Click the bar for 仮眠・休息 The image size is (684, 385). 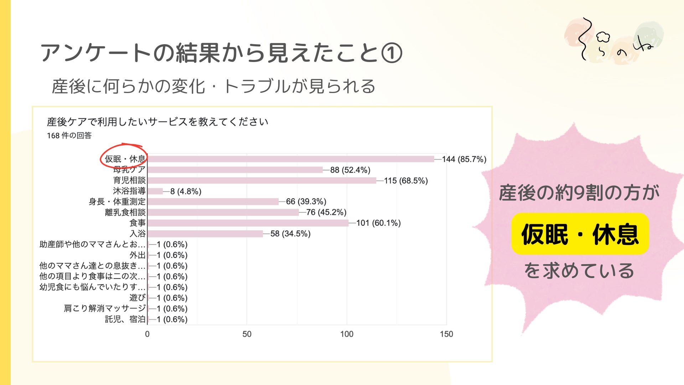pyautogui.click(x=290, y=159)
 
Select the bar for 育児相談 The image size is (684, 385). pyautogui.click(x=262, y=180)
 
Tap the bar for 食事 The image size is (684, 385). pyautogui.click(x=248, y=223)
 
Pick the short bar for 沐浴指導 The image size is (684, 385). pyautogui.click(x=155, y=191)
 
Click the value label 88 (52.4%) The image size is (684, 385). pyautogui.click(x=350, y=170)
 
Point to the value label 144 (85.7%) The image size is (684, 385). pyautogui.click(x=464, y=159)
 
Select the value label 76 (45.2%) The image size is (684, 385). pyautogui.click(x=326, y=212)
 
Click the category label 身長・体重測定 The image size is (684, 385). pyautogui.click(x=117, y=202)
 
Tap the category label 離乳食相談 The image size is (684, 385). pyautogui.click(x=125, y=212)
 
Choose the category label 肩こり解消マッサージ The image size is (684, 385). pyautogui.click(x=105, y=308)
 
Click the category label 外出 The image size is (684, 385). pyautogui.click(x=138, y=255)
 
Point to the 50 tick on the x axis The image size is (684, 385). pyautogui.click(x=247, y=334)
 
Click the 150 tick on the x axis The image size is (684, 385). pyautogui.click(x=446, y=334)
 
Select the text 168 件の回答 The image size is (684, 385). pyautogui.click(x=69, y=135)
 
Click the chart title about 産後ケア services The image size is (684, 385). pyautogui.click(x=157, y=122)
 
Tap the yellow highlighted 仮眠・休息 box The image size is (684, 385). pyautogui.click(x=580, y=234)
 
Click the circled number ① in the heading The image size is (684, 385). pyautogui.click(x=392, y=53)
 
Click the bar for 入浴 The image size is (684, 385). pyautogui.click(x=205, y=234)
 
